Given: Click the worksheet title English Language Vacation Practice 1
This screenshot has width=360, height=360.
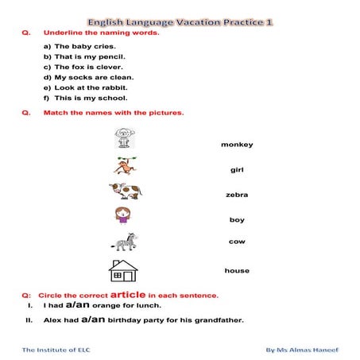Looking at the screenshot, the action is coord(180,23).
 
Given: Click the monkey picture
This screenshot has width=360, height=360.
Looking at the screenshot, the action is coord(125,165).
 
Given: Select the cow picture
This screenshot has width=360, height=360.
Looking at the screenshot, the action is coord(125,191).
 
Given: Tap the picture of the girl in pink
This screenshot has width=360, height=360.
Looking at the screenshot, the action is coord(123,215).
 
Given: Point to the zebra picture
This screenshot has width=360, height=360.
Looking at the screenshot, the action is coord(125,241).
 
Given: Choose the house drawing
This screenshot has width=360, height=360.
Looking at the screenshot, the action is coord(123,270).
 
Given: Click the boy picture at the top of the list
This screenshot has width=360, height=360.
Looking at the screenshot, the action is coord(124,140).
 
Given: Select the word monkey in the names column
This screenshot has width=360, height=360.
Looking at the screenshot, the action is coord(237,145).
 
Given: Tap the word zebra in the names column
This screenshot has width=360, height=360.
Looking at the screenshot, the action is coord(237,195).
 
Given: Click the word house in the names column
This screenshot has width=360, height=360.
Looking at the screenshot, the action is coord(237,271).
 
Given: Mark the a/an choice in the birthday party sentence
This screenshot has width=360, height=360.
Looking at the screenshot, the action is coord(94,320).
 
